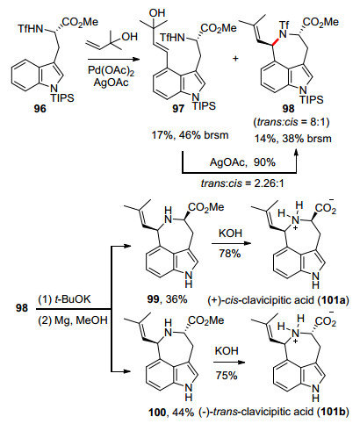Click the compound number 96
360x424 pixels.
tap(40, 109)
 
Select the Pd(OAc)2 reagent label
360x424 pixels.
tap(111, 71)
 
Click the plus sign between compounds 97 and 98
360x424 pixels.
tap(235, 59)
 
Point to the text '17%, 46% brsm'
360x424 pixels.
tap(190, 135)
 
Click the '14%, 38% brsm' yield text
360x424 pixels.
tap(292, 138)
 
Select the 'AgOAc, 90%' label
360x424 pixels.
tap(242, 162)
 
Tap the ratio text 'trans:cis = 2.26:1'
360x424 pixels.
tap(242, 183)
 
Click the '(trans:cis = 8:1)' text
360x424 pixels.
tap(292, 122)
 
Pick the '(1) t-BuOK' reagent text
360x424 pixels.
tap(64, 299)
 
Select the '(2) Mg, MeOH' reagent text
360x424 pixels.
tap(73, 320)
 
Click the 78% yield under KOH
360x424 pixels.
tap(230, 254)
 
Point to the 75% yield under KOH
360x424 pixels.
tap(227, 375)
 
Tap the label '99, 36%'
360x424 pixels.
tap(168, 299)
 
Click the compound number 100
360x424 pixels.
tap(157, 413)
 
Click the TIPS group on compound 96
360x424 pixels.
tap(62, 97)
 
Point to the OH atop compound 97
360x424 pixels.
tap(157, 13)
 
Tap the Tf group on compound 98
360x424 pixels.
tap(284, 25)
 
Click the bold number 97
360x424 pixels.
tap(178, 109)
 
